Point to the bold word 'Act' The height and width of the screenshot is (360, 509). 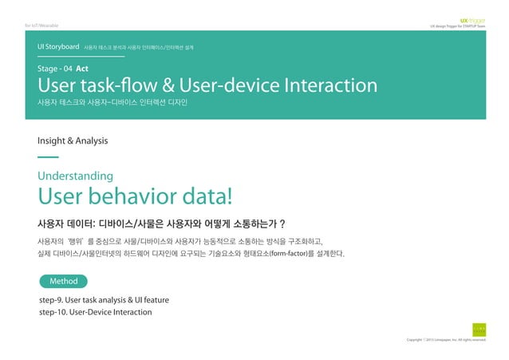click(x=81, y=69)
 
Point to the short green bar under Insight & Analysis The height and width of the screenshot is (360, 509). click(x=48, y=157)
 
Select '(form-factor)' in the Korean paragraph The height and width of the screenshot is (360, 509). click(x=294, y=254)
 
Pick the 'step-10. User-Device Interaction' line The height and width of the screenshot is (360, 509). click(x=95, y=312)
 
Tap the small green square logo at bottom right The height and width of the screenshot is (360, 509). click(x=478, y=328)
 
